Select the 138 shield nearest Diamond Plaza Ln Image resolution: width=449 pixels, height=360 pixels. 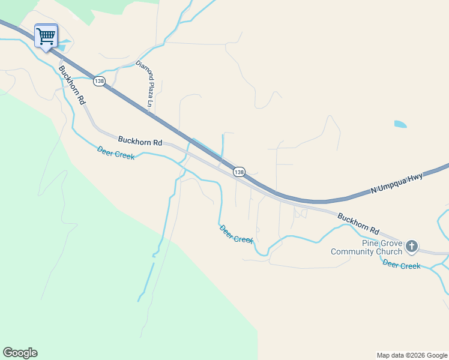99,80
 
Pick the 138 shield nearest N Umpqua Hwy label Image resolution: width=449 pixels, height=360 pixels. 239,172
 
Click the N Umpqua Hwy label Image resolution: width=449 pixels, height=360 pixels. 397,182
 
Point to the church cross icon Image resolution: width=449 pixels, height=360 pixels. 412,245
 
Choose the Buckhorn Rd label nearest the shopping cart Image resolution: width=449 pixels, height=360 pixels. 71,86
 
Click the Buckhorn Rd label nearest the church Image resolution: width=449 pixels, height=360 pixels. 359,223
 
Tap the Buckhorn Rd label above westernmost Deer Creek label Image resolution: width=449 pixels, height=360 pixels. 140,142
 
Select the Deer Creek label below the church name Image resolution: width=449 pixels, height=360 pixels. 402,265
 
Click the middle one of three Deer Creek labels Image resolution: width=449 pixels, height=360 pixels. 237,234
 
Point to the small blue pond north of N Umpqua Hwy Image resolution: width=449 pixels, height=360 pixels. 400,124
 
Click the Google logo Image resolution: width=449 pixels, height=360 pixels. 20,353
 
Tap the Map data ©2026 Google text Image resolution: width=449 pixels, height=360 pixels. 412,355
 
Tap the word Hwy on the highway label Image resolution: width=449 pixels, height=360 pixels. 416,177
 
